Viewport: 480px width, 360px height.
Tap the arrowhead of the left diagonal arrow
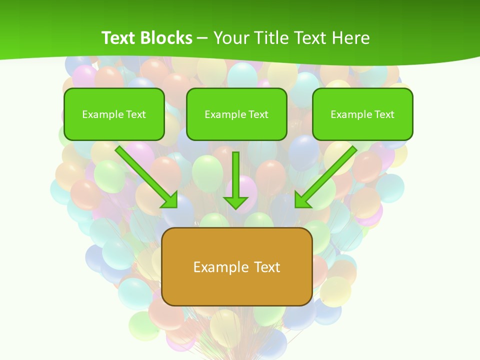[x=170, y=199]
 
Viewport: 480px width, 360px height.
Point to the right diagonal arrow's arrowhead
[x=302, y=199]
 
